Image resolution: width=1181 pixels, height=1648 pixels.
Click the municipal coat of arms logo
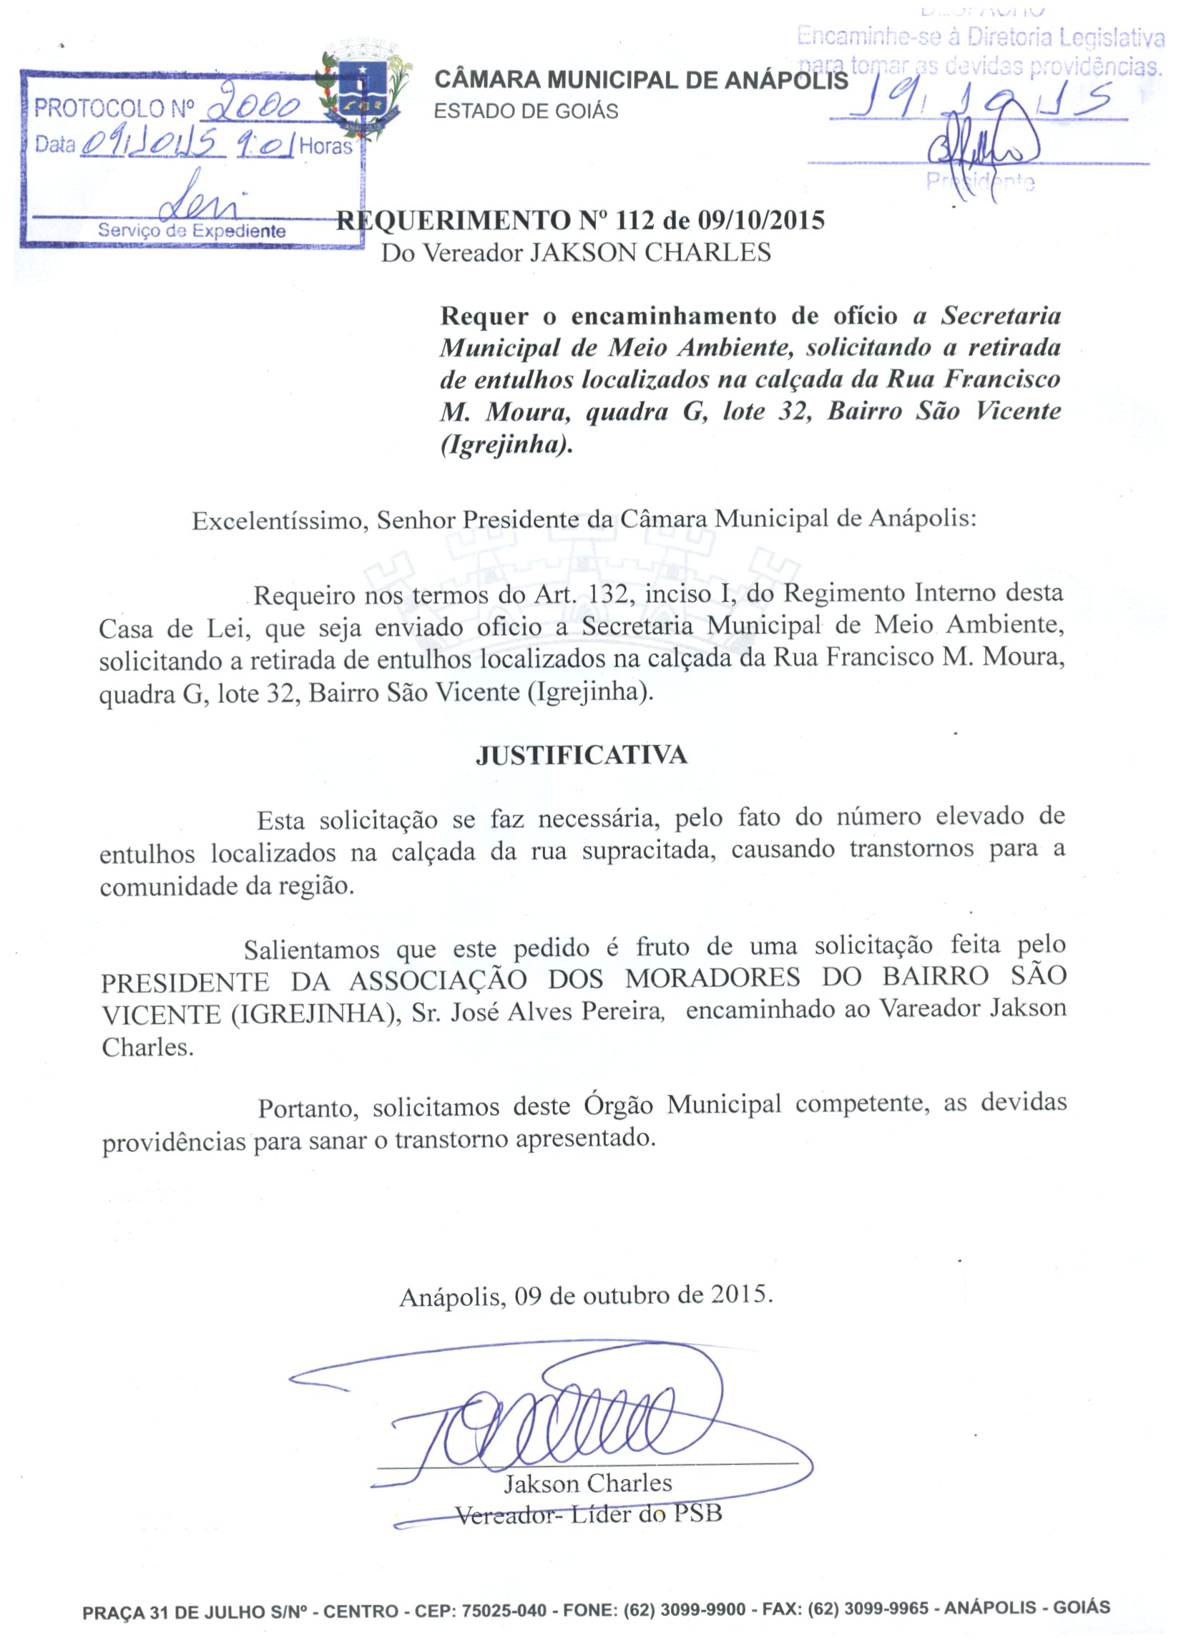[361, 92]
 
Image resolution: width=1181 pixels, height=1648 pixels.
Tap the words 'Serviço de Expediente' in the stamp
[192, 231]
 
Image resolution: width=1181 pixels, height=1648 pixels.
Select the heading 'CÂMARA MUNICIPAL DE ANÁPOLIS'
[641, 80]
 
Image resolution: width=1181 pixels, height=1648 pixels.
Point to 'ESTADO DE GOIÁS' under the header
[526, 111]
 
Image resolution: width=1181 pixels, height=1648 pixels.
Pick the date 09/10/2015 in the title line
[761, 220]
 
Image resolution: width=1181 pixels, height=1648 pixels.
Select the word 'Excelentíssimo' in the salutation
[277, 520]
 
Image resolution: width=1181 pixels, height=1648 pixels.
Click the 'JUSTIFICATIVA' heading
[581, 756]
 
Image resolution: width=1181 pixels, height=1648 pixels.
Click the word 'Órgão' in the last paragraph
[618, 1107]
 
